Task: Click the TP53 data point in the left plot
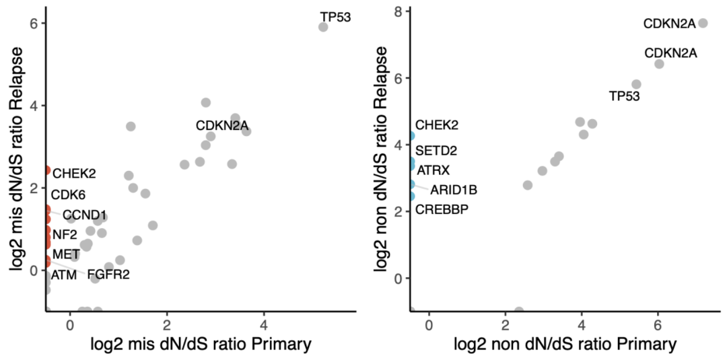[x=323, y=27]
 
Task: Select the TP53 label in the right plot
[x=625, y=96]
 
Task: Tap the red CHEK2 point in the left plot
[x=46, y=170]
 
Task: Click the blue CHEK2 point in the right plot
[x=411, y=136]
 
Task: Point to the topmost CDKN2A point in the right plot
[x=703, y=23]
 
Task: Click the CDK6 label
[x=68, y=194]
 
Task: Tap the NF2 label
[x=65, y=234]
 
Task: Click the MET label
[x=66, y=254]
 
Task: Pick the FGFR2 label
[x=108, y=275]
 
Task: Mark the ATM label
[x=63, y=275]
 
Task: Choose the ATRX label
[x=434, y=170]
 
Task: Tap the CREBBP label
[x=442, y=209]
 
